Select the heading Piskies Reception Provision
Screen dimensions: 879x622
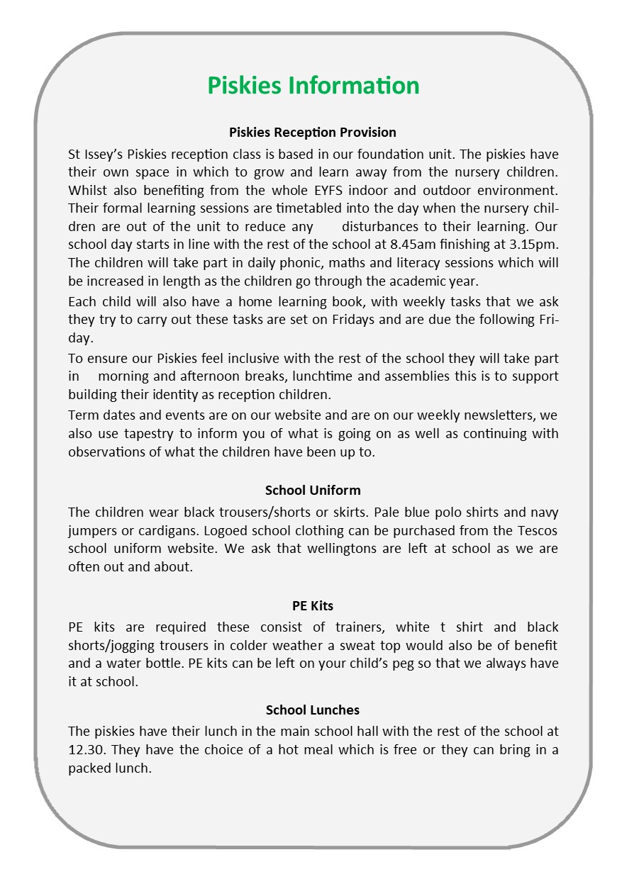tap(313, 133)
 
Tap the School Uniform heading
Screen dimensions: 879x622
tap(313, 491)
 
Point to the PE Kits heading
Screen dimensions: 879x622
tap(313, 606)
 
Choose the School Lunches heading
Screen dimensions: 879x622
tap(313, 710)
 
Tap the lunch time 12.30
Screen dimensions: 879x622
tap(87, 750)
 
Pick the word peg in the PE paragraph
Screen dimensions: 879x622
tap(366, 664)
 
